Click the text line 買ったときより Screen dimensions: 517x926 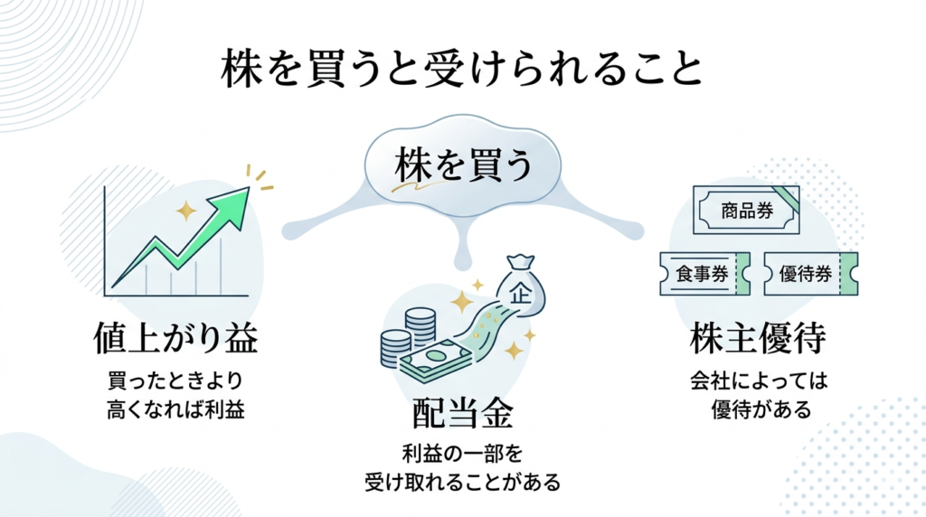(175, 380)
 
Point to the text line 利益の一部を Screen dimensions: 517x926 (462, 451)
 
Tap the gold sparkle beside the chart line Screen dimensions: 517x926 (186, 211)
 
